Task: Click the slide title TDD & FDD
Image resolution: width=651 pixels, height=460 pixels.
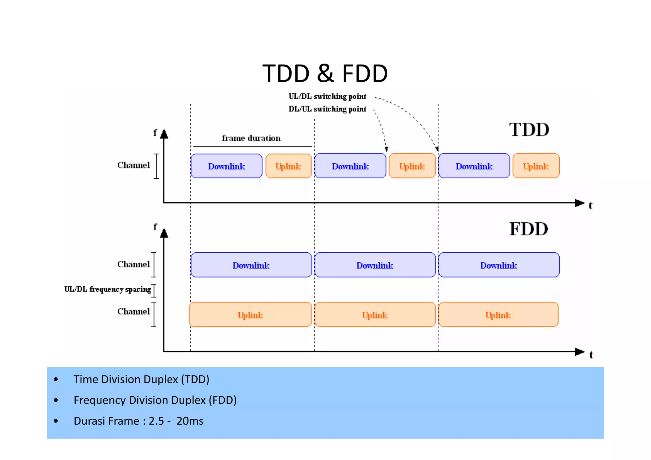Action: [325, 73]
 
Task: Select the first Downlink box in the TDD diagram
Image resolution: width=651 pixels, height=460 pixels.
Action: [226, 166]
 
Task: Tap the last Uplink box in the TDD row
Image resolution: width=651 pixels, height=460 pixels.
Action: [536, 166]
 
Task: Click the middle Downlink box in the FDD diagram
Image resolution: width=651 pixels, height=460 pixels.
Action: [375, 265]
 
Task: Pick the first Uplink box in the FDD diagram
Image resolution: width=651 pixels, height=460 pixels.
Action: [250, 315]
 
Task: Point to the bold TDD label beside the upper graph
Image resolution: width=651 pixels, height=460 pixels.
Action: [529, 130]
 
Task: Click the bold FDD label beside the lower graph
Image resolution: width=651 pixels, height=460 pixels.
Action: [529, 229]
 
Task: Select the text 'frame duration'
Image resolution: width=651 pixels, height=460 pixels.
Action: [251, 138]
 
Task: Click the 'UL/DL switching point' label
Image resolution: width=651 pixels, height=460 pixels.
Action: [327, 96]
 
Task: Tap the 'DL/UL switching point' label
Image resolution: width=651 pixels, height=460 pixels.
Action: [327, 109]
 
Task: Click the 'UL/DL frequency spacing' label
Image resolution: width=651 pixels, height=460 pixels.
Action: [107, 289]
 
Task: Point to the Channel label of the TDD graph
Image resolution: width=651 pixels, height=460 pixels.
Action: [134, 165]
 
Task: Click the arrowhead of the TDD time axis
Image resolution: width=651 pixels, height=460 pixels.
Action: [580, 203]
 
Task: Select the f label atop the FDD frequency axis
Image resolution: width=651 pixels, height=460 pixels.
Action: [155, 227]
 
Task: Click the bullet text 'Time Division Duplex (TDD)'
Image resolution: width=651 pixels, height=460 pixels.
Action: [141, 379]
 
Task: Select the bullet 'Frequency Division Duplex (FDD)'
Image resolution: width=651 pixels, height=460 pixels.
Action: [155, 400]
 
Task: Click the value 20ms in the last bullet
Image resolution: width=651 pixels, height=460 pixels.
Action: [190, 421]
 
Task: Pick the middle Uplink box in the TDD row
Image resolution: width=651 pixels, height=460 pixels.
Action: [412, 166]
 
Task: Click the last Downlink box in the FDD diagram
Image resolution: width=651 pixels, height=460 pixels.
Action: [498, 265]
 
